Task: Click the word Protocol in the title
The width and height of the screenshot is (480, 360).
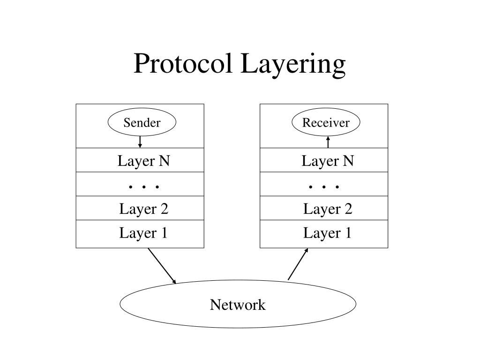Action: pyautogui.click(x=185, y=64)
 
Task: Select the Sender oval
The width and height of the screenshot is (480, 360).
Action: pyautogui.click(x=142, y=123)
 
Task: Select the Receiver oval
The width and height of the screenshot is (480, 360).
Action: pyautogui.click(x=326, y=123)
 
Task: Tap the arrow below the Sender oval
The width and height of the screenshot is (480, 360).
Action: pyautogui.click(x=140, y=142)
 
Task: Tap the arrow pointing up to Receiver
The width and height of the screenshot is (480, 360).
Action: pyautogui.click(x=328, y=142)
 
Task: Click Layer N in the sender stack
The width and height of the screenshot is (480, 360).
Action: pyautogui.click(x=143, y=161)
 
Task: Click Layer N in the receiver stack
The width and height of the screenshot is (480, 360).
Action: pyautogui.click(x=327, y=161)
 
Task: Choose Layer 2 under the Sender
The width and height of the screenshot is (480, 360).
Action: pyautogui.click(x=143, y=209)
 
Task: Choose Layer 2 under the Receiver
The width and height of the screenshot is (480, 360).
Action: pyautogui.click(x=327, y=209)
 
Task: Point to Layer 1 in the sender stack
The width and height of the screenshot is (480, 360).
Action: pyautogui.click(x=143, y=233)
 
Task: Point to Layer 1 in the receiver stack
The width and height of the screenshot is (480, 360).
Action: pyautogui.click(x=327, y=233)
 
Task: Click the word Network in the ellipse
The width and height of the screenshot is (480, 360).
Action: pyautogui.click(x=238, y=305)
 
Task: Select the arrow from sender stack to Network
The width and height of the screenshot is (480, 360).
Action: pyautogui.click(x=162, y=266)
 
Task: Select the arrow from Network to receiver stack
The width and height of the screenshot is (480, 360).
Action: pyautogui.click(x=298, y=264)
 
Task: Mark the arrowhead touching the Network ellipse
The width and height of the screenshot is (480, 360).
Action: pyautogui.click(x=174, y=282)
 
